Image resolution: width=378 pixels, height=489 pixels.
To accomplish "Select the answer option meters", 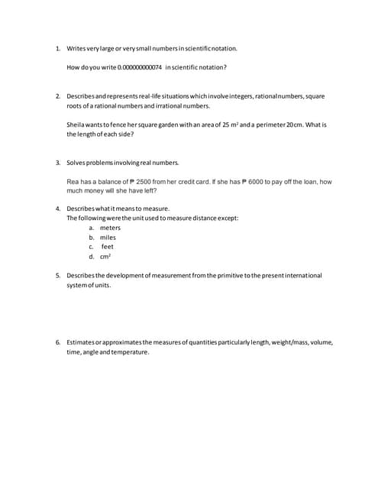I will pos(110,228).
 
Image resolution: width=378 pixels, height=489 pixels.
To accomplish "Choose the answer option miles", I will pos(108,238).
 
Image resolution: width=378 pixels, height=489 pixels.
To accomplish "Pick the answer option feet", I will pos(108,247).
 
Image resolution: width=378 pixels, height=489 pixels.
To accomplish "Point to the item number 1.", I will pos(58,48).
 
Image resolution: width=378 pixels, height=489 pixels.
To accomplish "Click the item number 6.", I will pos(58,342).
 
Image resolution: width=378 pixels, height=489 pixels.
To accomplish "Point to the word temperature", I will pos(130,352).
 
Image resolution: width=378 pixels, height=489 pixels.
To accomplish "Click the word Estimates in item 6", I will pos(82,342).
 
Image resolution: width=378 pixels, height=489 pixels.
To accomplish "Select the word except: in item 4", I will pos(228,218).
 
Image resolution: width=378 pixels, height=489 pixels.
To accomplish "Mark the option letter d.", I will pos(91,257).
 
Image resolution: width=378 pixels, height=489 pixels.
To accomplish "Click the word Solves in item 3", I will pos(77,163).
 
